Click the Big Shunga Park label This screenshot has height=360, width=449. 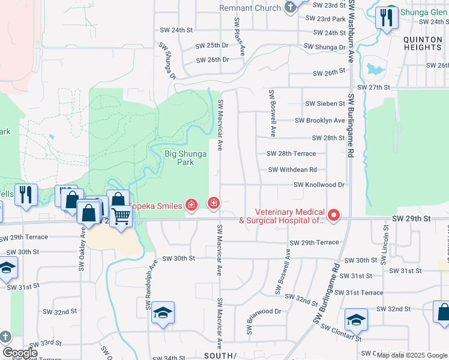point(185,158)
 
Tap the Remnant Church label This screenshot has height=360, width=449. point(250,8)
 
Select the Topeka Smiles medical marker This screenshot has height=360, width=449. point(191,206)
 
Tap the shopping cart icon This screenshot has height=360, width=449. point(121,216)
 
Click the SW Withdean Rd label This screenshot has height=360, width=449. point(292,170)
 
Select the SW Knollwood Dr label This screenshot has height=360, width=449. point(319,185)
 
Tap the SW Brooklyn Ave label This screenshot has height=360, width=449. point(319,121)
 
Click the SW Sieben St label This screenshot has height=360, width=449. point(325,104)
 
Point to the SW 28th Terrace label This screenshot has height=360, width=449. point(291,154)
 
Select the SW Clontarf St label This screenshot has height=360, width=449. point(341,332)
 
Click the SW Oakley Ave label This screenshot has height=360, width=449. point(82,248)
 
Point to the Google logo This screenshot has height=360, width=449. point(20,353)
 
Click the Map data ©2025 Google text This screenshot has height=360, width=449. point(412,355)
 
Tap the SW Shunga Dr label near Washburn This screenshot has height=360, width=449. point(325,46)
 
